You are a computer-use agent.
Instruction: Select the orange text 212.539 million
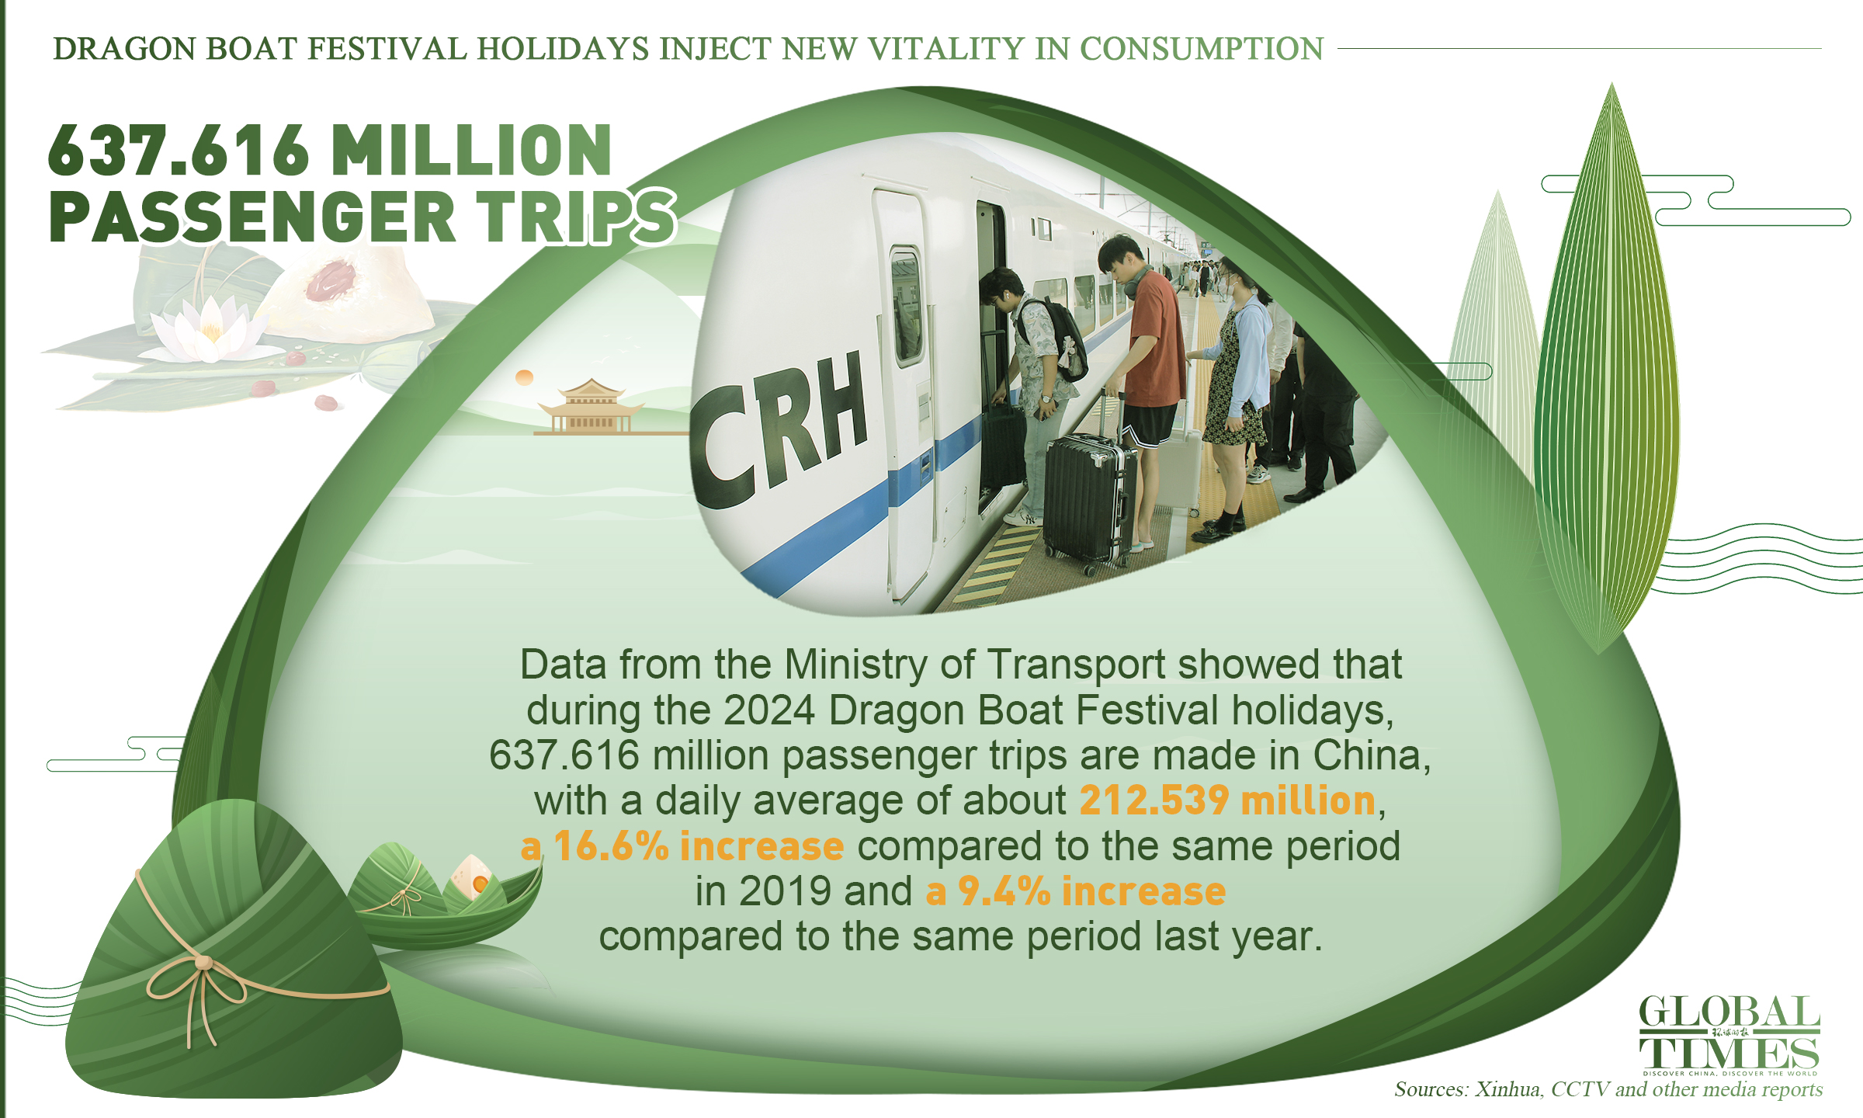pos(1227,800)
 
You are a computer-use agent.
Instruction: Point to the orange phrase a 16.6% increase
pos(682,845)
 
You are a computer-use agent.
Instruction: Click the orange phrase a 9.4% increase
pos(1076,891)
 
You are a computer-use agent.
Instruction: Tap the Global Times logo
pos(1729,1035)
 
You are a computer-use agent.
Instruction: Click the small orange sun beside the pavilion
pos(525,377)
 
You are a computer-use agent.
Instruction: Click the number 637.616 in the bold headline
pos(179,150)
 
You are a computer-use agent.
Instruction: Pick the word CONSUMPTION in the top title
pos(1202,49)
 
